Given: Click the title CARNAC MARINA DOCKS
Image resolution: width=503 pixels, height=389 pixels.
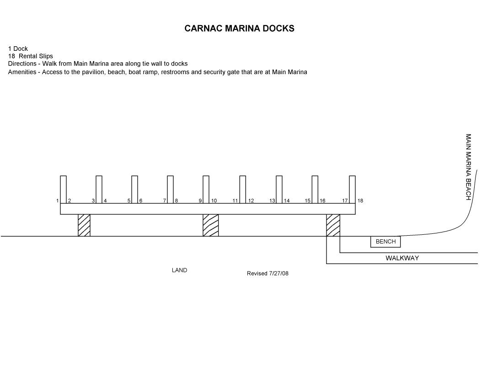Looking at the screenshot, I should click(x=239, y=28).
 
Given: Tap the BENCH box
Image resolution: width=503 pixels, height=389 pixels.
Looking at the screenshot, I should click(x=385, y=242).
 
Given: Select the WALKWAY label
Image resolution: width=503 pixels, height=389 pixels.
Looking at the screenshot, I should click(x=402, y=258).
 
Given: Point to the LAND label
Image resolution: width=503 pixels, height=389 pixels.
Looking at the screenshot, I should click(x=179, y=270).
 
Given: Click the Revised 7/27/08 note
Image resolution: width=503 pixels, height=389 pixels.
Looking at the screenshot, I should click(x=268, y=274).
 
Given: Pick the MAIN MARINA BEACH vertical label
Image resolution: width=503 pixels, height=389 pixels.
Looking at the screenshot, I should click(x=468, y=167).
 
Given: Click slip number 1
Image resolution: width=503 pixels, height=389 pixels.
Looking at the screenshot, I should click(x=57, y=201).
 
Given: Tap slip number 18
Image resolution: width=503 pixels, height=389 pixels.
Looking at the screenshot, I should click(x=360, y=201).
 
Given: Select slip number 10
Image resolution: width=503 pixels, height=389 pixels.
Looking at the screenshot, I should click(x=214, y=201).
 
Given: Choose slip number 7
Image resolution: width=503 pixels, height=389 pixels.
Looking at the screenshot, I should click(x=164, y=201).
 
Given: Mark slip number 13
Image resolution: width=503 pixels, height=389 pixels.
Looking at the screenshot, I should click(x=272, y=201).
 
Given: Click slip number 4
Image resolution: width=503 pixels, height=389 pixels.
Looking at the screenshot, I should click(x=105, y=201).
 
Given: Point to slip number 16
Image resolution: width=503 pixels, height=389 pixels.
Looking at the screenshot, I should click(x=322, y=201).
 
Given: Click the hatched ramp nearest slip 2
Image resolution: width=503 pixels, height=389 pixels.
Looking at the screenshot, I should click(x=84, y=225).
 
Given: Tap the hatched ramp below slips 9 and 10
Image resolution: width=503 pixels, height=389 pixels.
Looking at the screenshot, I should click(x=211, y=225).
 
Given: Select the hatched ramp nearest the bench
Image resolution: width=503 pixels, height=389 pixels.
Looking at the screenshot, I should click(x=333, y=225).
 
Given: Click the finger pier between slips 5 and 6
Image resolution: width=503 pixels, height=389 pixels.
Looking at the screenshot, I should click(x=134, y=189).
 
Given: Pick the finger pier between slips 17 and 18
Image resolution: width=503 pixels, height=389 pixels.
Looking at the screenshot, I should click(x=352, y=189).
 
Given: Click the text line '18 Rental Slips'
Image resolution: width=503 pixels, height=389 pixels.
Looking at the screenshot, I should click(x=30, y=56).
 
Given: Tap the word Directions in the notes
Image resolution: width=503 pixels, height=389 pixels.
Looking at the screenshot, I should click(x=21, y=64).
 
